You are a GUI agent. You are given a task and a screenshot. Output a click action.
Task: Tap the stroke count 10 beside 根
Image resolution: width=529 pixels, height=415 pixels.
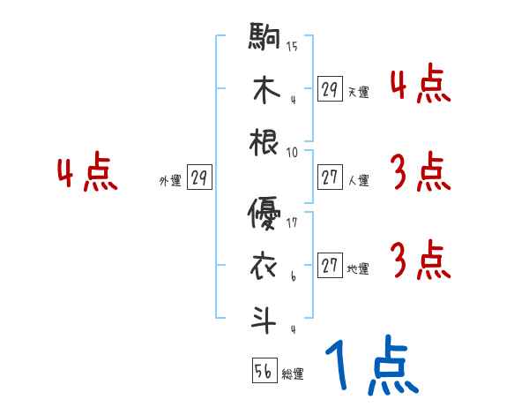pos(292,152)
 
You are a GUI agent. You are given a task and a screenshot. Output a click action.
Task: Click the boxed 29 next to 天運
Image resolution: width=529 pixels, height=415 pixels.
pos(330,89)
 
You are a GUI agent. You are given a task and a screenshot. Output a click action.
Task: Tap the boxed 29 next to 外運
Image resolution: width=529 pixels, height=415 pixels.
pos(199,178)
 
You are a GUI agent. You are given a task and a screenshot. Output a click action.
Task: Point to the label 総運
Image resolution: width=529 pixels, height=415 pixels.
pos(293,374)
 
